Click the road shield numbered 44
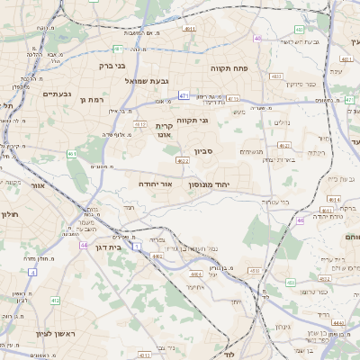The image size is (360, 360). tap(84, 245)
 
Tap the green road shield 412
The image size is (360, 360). tap(55, 301)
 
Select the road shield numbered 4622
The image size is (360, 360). tap(183, 161)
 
